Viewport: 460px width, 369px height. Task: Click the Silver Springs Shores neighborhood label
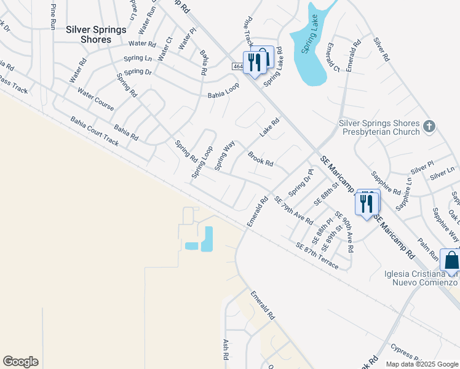[97, 34]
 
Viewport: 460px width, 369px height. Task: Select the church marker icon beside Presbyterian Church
[429, 127]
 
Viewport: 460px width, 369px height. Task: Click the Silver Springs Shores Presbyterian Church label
[379, 127]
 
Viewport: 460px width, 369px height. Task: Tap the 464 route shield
[239, 66]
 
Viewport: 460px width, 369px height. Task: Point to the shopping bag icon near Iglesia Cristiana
[451, 260]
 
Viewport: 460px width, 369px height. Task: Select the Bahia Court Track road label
[94, 131]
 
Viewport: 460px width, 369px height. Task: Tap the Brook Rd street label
[260, 159]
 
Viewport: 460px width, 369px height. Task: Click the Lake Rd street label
[269, 127]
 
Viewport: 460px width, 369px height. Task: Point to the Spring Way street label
[224, 156]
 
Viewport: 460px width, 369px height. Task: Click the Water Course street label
[95, 99]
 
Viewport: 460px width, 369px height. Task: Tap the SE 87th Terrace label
[317, 255]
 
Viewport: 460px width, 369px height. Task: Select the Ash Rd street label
[226, 349]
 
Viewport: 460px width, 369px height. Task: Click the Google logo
[20, 362]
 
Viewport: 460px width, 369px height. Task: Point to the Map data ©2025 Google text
[421, 364]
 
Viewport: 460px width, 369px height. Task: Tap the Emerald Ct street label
[333, 57]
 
